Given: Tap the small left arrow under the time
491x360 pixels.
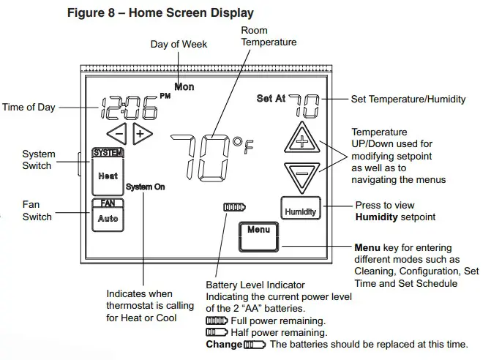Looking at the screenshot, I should (117, 134).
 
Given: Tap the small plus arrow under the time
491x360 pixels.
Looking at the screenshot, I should (140, 134).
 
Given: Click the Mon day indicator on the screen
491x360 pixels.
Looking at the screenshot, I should (184, 87).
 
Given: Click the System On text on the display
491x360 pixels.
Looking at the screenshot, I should (145, 187).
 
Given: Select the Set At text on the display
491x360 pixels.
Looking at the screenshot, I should (271, 99).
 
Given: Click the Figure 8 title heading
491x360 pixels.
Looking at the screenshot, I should (160, 13).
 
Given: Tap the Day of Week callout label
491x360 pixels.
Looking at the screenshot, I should (179, 45).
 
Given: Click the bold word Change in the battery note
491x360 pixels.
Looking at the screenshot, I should (224, 345).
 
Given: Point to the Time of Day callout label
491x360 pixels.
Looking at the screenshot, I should (29, 107).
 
